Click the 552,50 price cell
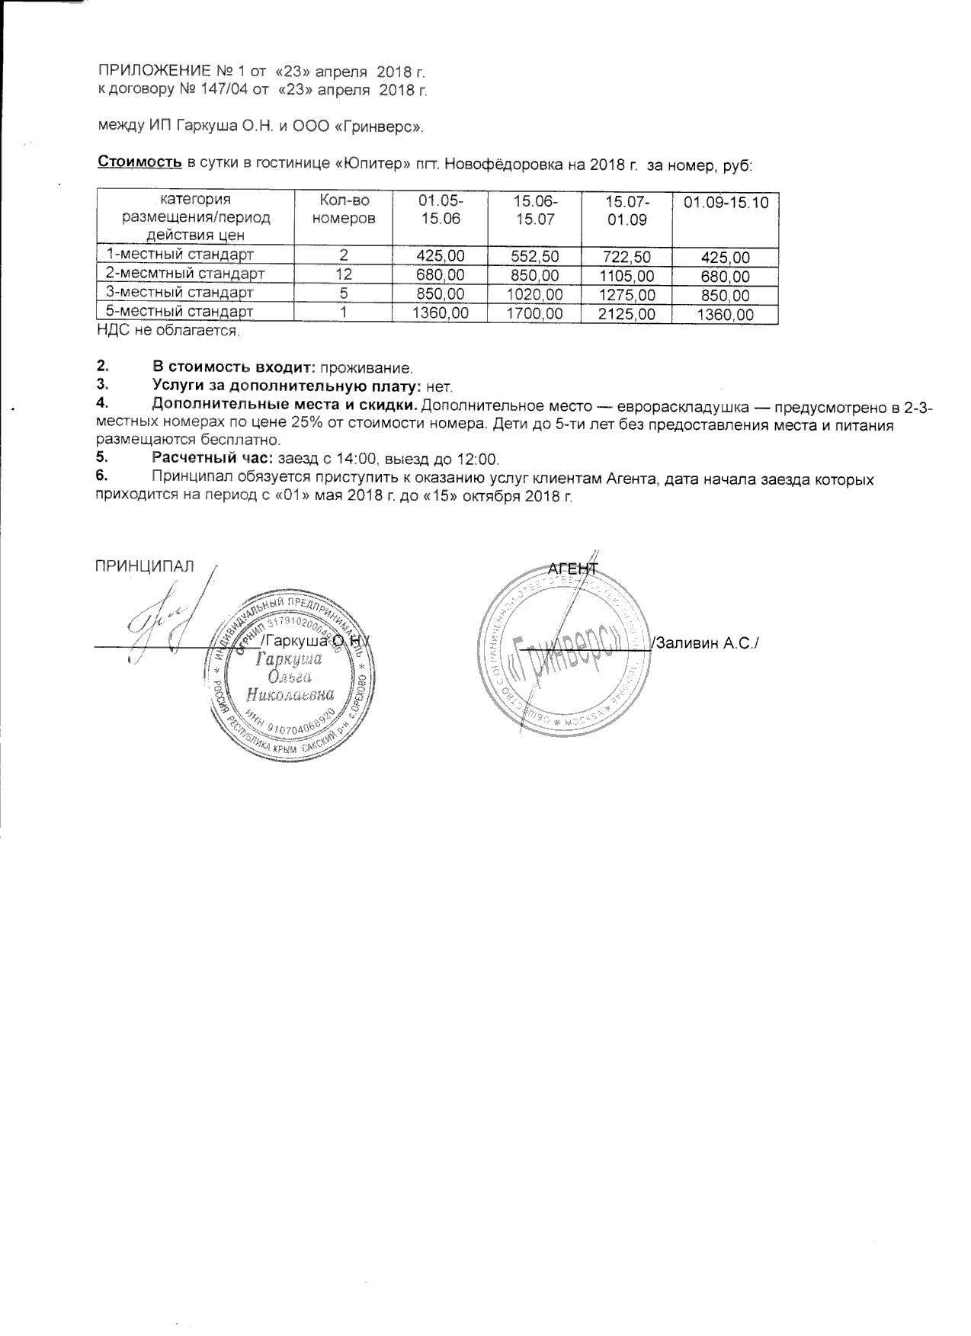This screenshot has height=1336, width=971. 534,257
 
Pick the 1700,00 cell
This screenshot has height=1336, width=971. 534,313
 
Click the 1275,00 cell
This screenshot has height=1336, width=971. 627,295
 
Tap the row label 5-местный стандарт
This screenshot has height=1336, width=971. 180,312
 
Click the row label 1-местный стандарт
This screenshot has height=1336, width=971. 180,255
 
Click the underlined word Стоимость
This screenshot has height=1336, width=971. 139,162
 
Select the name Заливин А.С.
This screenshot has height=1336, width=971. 705,643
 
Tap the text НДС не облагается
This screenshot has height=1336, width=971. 168,332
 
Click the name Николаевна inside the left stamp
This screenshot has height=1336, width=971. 290,694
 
